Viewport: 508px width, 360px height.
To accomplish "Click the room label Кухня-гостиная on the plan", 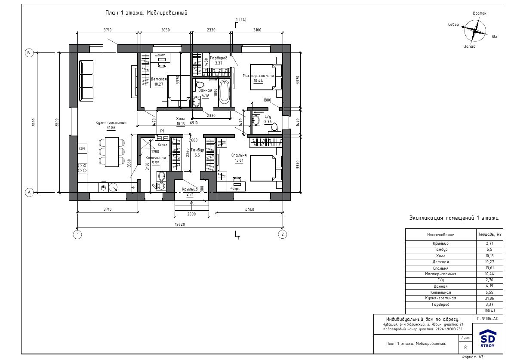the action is (x=111, y=123).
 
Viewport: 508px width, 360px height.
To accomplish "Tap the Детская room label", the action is (x=159, y=79).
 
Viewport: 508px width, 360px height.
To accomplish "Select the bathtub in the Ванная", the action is (x=224, y=92).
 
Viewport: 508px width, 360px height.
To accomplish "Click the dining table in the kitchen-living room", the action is (x=112, y=152).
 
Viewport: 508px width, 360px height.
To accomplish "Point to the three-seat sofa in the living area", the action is (x=86, y=80).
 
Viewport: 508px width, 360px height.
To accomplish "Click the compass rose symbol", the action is (x=475, y=30).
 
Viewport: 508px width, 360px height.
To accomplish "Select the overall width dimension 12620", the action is (x=180, y=224).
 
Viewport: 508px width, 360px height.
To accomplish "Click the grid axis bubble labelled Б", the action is (x=29, y=53).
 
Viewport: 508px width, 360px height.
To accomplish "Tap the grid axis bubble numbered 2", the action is (x=283, y=234).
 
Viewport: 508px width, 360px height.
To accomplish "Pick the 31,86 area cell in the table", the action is (x=489, y=298).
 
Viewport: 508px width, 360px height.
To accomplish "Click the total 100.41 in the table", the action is (x=489, y=311).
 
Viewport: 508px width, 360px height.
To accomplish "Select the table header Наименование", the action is (x=440, y=234).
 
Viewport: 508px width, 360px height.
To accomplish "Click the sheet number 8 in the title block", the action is (x=465, y=348).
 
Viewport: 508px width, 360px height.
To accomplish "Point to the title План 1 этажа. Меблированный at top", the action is (x=146, y=13).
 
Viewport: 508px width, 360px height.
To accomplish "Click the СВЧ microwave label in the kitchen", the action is (x=82, y=148).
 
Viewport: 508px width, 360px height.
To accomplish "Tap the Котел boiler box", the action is (x=162, y=145).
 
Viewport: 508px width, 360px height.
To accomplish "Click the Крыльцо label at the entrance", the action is (x=190, y=189).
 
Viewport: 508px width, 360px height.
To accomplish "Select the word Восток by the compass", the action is (x=480, y=13).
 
